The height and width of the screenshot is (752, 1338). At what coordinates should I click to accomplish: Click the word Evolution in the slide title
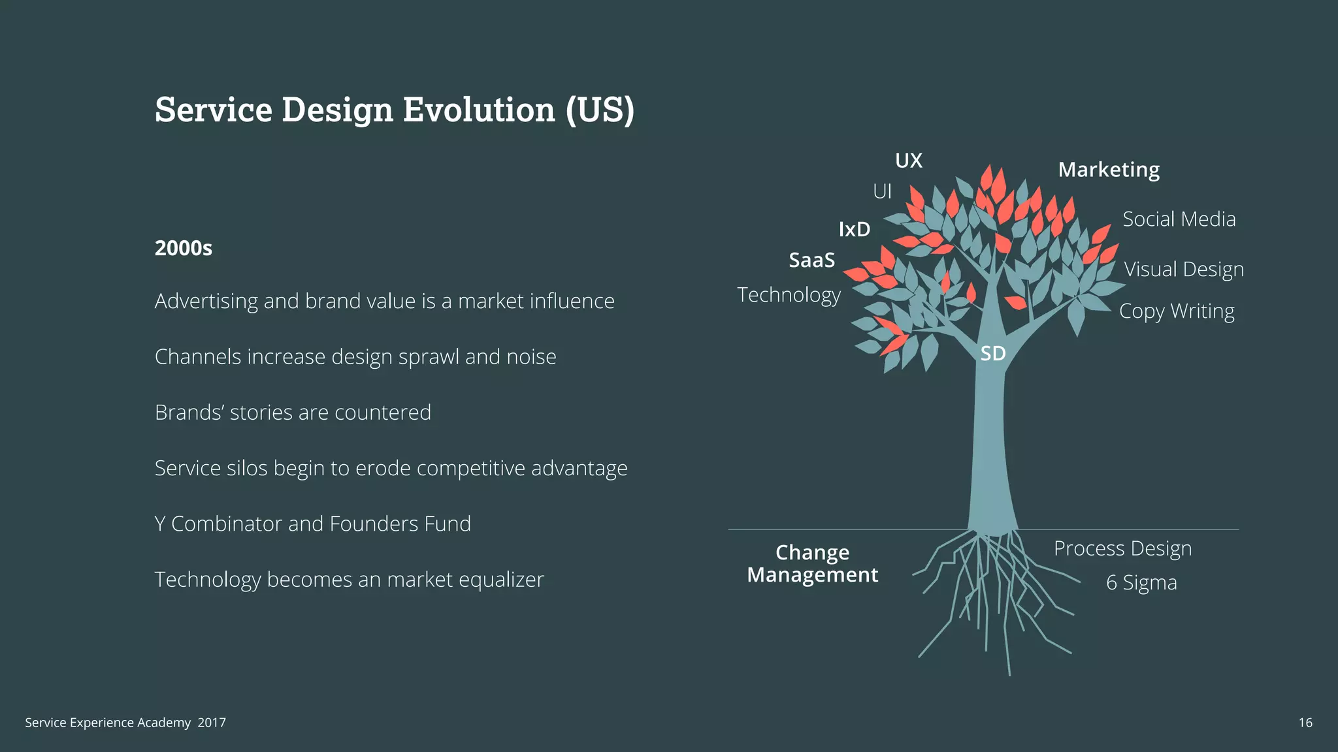(478, 109)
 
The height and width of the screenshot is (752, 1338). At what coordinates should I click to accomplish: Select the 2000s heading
(184, 248)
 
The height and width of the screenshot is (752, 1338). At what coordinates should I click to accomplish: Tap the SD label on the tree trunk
(992, 353)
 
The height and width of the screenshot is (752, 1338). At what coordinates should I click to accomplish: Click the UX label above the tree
(908, 161)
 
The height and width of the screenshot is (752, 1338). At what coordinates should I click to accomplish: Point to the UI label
(882, 191)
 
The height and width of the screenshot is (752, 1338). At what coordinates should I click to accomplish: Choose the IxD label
(855, 229)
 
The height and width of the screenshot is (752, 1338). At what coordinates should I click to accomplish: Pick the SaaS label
(812, 260)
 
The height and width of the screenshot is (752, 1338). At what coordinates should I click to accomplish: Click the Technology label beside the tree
(789, 295)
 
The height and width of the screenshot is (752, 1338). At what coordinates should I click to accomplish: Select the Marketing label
(1109, 170)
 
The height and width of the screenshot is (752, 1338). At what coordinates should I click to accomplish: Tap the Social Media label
(1179, 219)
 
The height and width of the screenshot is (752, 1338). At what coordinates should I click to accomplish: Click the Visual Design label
(1183, 269)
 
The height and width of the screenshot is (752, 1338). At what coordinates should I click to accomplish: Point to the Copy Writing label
(1177, 311)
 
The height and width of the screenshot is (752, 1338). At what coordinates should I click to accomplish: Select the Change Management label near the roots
(812, 563)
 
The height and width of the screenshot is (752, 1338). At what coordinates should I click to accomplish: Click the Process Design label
(1122, 548)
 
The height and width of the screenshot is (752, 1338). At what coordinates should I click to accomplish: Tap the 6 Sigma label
(1141, 582)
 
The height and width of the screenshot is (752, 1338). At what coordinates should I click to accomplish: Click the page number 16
(1305, 723)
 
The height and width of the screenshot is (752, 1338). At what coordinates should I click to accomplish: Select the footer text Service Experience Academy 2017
(125, 723)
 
